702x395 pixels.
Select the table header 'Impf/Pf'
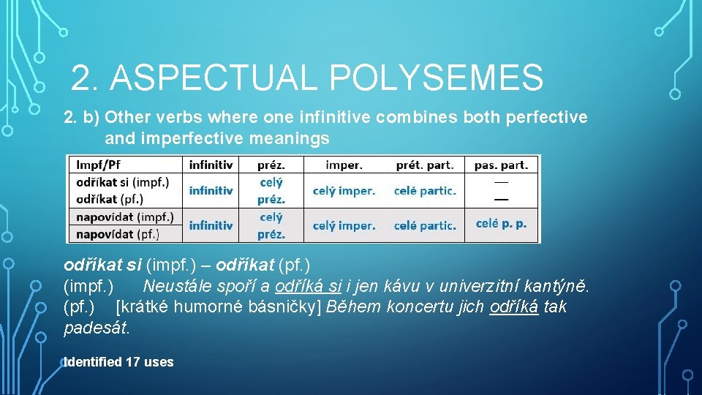[100, 165]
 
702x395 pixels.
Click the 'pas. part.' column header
[501, 165]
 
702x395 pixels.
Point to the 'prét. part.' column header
[424, 165]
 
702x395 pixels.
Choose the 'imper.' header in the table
[344, 165]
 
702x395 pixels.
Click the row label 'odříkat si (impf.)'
[123, 182]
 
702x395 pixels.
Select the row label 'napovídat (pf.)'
[117, 234]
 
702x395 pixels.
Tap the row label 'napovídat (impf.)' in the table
[125, 217]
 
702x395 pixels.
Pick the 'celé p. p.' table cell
[501, 224]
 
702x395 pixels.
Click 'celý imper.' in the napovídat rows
[344, 225]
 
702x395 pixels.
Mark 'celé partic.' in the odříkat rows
[424, 191]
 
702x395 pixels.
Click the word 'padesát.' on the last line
[97, 328]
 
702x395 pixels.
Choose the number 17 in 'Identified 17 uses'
[132, 362]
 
